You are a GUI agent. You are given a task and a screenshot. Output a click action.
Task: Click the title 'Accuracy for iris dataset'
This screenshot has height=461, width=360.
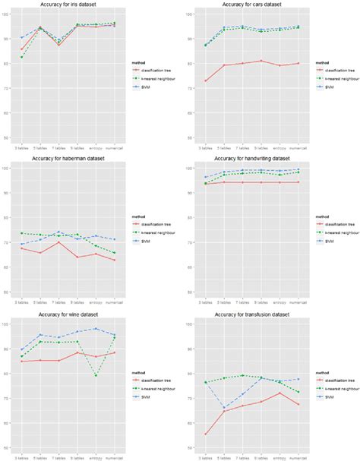click(68, 5)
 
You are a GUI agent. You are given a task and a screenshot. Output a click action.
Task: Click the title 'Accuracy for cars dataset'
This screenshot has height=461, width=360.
click(251, 5)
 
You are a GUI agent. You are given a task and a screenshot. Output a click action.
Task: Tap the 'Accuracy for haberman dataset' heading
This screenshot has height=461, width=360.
click(68, 159)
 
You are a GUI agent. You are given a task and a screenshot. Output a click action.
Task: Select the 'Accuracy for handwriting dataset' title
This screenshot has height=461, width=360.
click(251, 159)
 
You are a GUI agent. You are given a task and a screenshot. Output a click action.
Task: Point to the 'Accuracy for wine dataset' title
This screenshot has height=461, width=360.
click(68, 314)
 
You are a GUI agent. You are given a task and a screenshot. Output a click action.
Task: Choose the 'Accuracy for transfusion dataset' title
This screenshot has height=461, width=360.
click(251, 314)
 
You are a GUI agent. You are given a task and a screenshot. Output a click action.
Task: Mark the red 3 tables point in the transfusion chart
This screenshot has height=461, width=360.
click(206, 434)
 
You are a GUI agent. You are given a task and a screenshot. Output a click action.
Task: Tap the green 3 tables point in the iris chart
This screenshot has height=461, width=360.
click(22, 57)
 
